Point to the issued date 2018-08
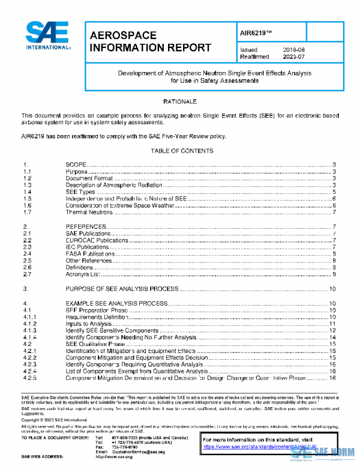click(294, 50)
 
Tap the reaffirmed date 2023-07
click(294, 57)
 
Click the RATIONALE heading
click(180, 102)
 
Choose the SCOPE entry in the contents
click(76, 165)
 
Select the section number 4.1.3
click(30, 330)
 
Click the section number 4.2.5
click(30, 378)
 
